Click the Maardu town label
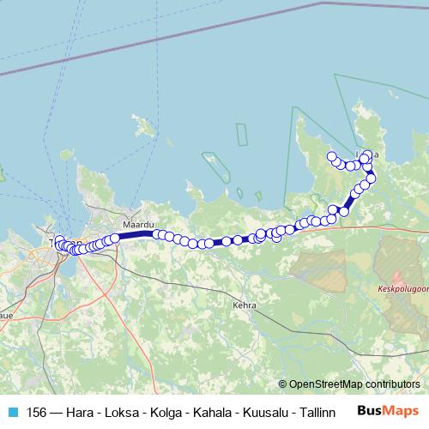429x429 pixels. coord(137,224)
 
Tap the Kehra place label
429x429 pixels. coord(245,304)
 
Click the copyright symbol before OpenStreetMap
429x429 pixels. coord(284,384)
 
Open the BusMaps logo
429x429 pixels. coord(389,411)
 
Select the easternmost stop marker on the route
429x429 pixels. coord(372,178)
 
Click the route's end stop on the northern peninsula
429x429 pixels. coord(332,156)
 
